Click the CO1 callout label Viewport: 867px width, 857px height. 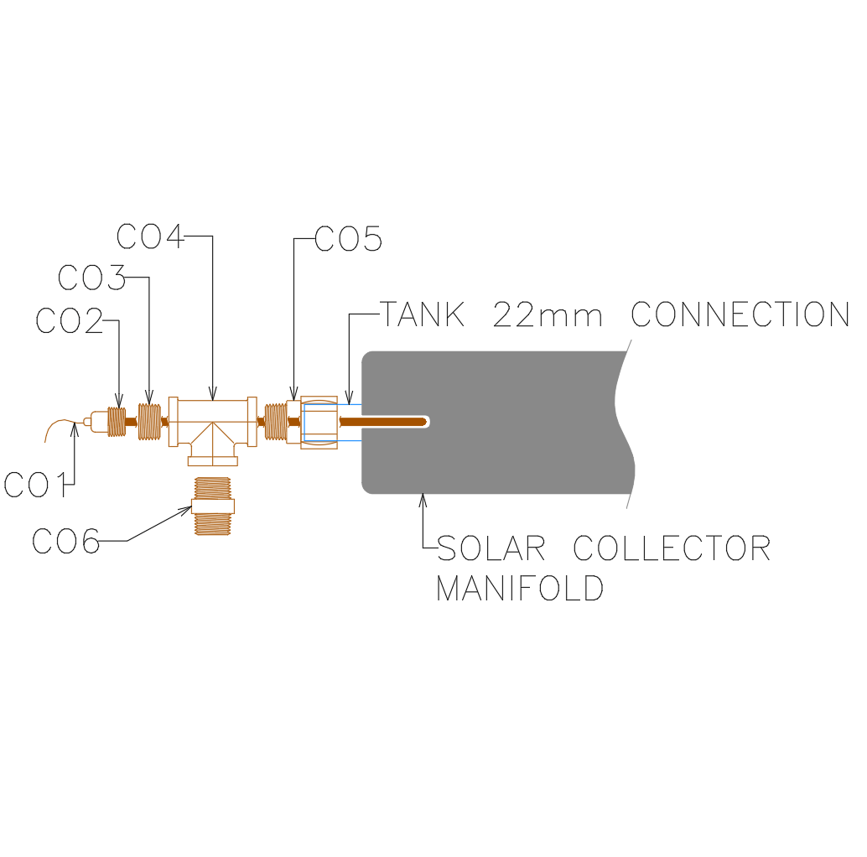pos(34,485)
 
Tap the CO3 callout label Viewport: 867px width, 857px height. pos(92,278)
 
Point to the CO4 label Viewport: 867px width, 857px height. pos(150,237)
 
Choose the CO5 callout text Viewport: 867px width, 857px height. pos(349,240)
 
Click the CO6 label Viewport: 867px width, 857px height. pos(65,541)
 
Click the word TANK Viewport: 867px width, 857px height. pos(423,315)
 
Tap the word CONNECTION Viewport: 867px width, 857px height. pos(740,315)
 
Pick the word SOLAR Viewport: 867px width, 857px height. pos(491,548)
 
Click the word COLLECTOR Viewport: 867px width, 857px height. pos(672,548)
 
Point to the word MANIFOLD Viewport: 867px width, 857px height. pos(520,588)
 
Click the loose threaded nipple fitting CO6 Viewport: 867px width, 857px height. pos(212,506)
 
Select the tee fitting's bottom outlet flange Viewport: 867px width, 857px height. pos(212,460)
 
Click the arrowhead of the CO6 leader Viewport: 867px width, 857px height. pos(189,508)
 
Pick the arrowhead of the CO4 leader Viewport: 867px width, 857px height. pos(212,394)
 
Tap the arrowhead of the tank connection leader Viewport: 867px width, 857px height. pos(349,399)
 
